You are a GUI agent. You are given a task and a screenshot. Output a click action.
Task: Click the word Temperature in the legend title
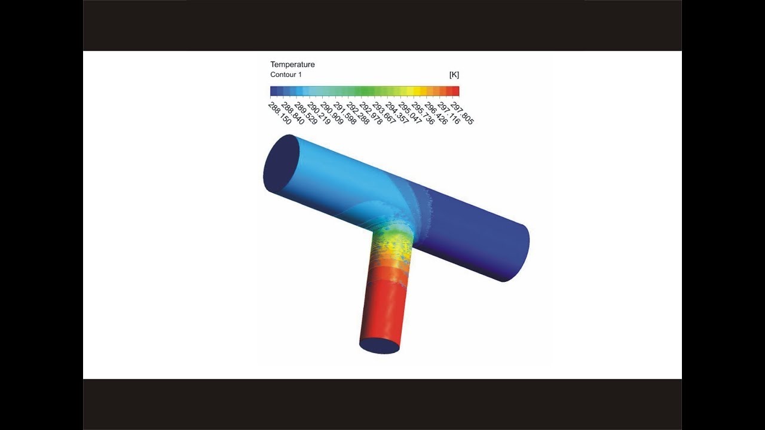click(x=292, y=64)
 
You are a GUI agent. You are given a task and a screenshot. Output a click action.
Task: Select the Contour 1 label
click(x=286, y=75)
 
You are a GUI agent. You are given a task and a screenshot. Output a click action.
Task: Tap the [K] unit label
click(x=454, y=75)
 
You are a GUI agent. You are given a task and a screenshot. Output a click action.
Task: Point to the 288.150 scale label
click(x=280, y=113)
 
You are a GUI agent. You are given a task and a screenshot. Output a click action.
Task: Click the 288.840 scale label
click(x=293, y=113)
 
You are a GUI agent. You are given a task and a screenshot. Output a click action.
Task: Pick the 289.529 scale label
click(x=305, y=113)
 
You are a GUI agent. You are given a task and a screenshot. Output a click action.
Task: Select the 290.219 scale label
click(x=319, y=113)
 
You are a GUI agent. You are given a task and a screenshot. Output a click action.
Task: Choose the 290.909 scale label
click(x=332, y=113)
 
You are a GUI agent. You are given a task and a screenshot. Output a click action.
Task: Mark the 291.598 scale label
click(x=345, y=113)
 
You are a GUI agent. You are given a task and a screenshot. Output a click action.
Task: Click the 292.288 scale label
click(x=358, y=113)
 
